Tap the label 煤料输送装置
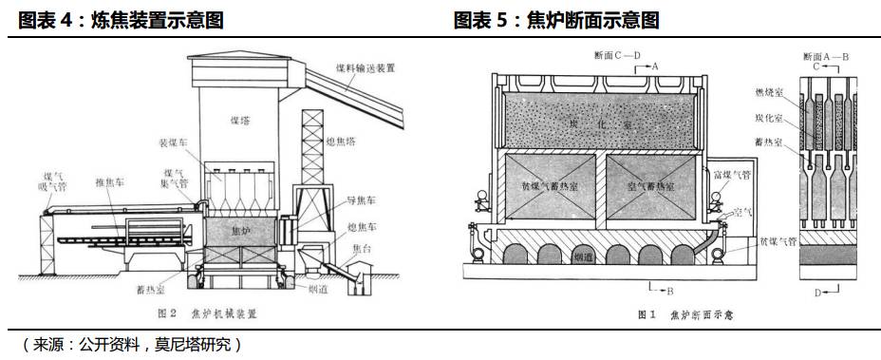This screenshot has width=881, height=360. tap(366, 68)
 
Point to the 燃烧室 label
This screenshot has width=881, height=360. tap(770, 91)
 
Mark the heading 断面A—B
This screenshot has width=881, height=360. tap(824, 58)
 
